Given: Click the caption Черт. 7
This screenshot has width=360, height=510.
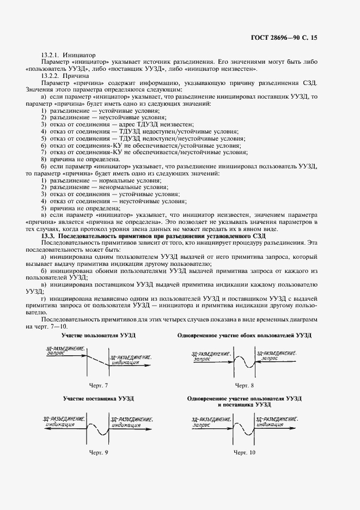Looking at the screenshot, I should point(98,385).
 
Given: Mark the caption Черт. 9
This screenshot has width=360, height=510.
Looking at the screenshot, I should point(98,452).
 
